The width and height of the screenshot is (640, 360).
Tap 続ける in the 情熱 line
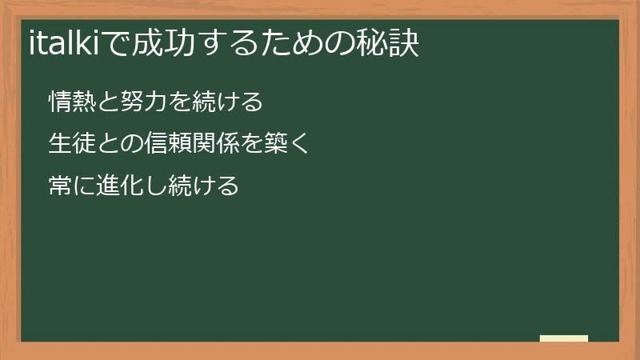click(226, 102)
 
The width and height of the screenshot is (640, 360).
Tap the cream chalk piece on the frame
click(563, 338)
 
